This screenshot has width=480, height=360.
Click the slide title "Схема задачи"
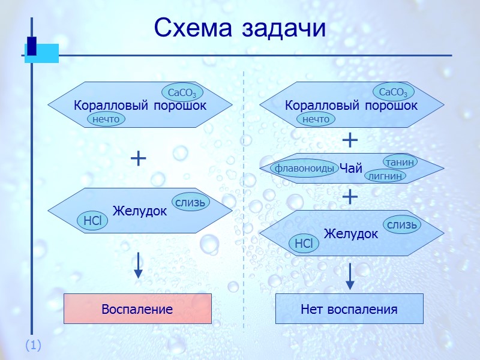[x=239, y=28]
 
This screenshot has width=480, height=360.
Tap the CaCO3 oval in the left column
[x=182, y=93]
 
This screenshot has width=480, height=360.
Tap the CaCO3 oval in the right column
[x=393, y=92]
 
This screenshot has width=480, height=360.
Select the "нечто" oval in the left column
[x=106, y=119]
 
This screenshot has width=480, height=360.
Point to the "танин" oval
[x=400, y=162]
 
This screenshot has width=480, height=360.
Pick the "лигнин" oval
[x=385, y=176]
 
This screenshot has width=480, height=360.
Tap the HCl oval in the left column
[x=92, y=221]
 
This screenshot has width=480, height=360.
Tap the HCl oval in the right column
[x=304, y=243]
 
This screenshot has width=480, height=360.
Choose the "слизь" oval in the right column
[x=401, y=225]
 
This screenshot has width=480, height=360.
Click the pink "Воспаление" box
[x=137, y=309]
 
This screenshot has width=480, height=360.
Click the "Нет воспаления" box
[x=349, y=309]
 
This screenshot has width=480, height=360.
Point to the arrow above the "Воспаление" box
[x=139, y=265]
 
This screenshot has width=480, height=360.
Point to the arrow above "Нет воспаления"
[x=350, y=276]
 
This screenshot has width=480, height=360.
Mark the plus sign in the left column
[x=138, y=158]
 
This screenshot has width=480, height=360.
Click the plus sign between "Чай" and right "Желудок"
[x=350, y=197]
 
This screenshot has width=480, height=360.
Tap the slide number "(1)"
[x=32, y=345]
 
